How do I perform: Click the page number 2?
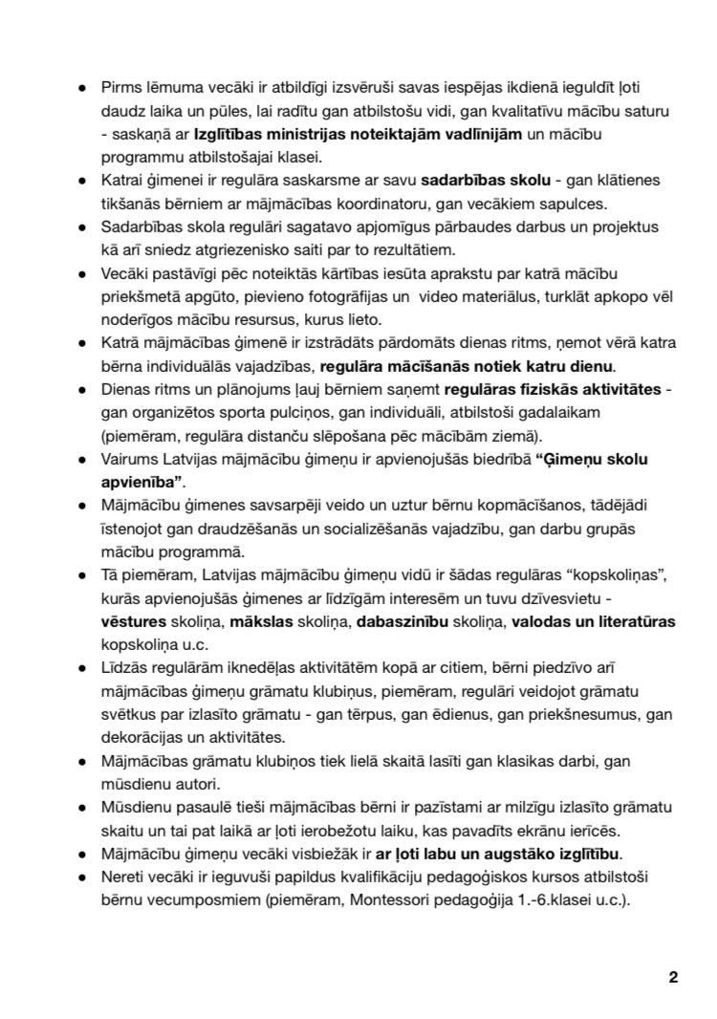[673, 977]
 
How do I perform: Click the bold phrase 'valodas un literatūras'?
[593, 621]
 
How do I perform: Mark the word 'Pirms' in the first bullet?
[120, 88]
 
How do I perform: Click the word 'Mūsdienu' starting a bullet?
[135, 807]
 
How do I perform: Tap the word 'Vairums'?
[129, 459]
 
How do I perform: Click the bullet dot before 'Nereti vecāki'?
[83, 877]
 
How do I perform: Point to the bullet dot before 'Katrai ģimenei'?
[83, 181]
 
